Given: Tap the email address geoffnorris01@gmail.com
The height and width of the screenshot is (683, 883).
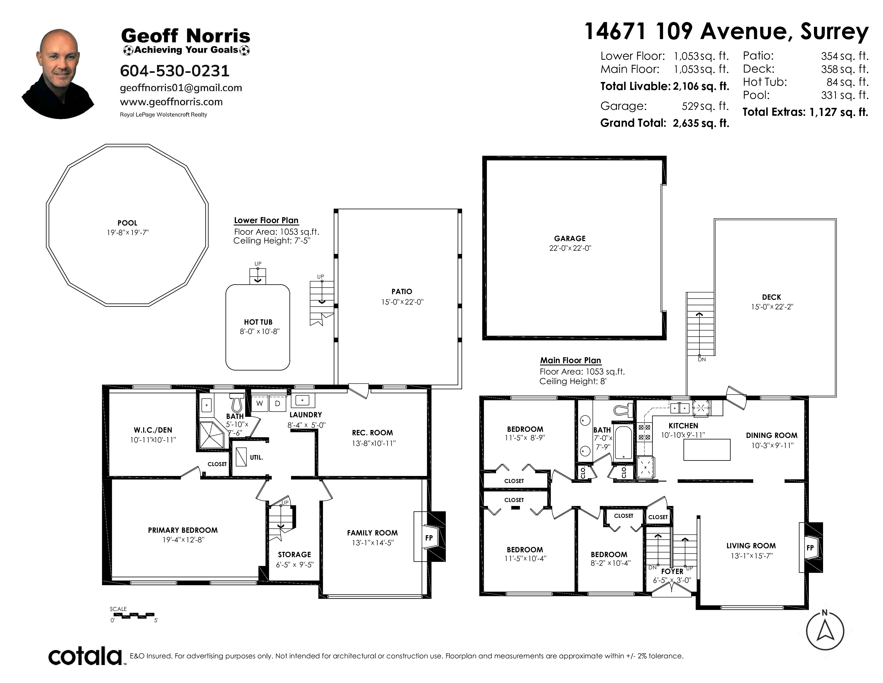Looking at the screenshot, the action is pyautogui.click(x=181, y=88).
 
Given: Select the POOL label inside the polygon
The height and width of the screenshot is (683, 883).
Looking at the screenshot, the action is pyautogui.click(x=127, y=223).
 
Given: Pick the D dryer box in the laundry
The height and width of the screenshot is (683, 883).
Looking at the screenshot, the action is pyautogui.click(x=277, y=403).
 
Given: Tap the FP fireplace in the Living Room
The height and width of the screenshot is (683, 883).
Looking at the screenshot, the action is pyautogui.click(x=810, y=547).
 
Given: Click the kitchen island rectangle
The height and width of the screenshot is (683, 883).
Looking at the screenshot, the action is pyautogui.click(x=707, y=449).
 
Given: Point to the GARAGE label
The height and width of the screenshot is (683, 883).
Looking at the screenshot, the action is pyautogui.click(x=570, y=239).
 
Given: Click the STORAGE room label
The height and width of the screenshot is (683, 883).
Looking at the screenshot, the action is pyautogui.click(x=294, y=555).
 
